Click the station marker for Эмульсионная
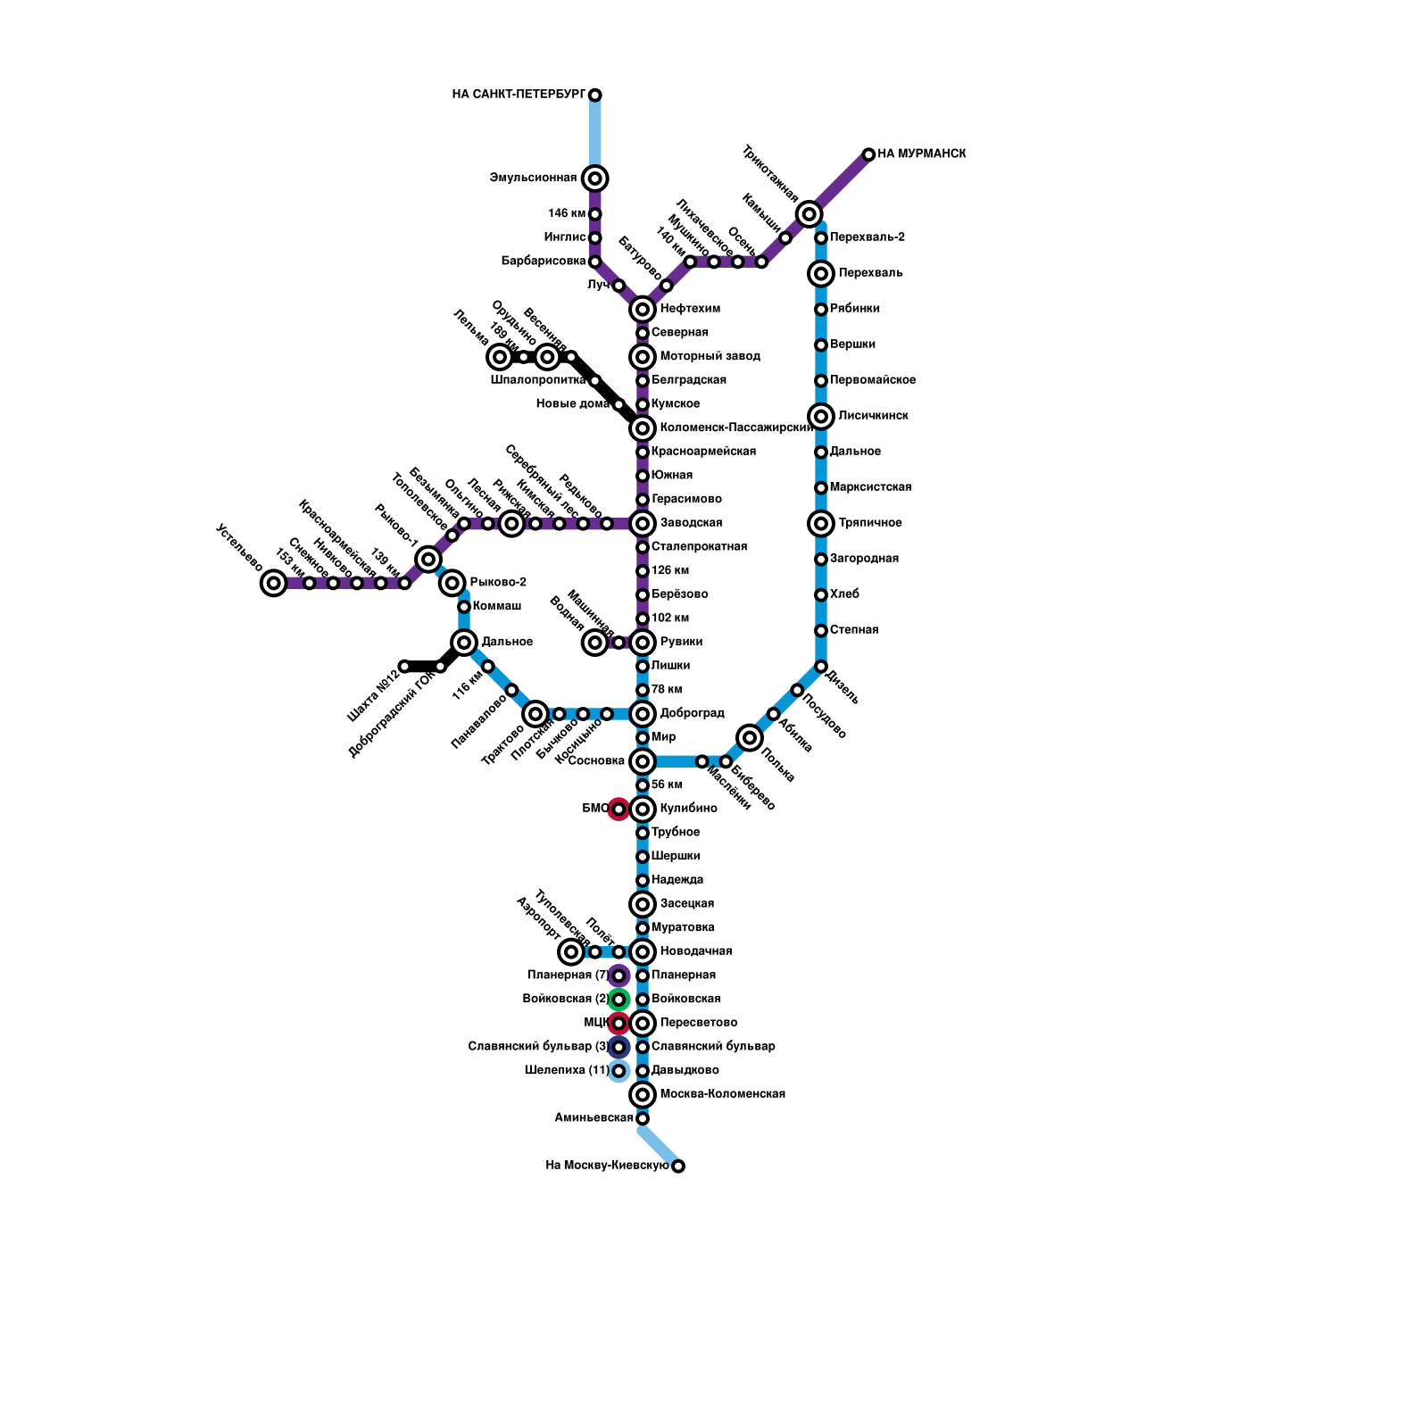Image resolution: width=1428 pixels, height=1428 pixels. pyautogui.click(x=595, y=178)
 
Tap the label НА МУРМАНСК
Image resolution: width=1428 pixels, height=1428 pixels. pyautogui.click(x=921, y=154)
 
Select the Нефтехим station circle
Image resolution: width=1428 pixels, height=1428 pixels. pyautogui.click(x=643, y=310)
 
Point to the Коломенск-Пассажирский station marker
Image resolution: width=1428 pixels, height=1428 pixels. pyautogui.click(x=643, y=428)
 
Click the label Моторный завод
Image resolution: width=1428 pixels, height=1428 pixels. pyautogui.click(x=710, y=356)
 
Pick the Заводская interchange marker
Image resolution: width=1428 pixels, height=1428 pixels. pyautogui.click(x=643, y=523)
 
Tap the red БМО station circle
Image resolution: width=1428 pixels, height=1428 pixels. pyautogui.click(x=619, y=809)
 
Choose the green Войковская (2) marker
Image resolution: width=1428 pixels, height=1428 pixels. pyautogui.click(x=619, y=1000)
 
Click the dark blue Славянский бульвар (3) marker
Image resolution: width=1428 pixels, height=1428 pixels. pyautogui.click(x=619, y=1047)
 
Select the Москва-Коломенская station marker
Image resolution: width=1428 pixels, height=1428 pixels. pyautogui.click(x=643, y=1094)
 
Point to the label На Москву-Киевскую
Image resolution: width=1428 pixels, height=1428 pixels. pyautogui.click(x=607, y=1166)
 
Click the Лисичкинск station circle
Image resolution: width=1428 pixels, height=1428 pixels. pyautogui.click(x=821, y=416)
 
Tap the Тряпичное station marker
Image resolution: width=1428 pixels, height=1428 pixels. pyautogui.click(x=821, y=523)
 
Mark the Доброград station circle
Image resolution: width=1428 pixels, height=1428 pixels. pyautogui.click(x=643, y=714)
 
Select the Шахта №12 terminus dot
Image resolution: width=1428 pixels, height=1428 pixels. pyautogui.click(x=404, y=667)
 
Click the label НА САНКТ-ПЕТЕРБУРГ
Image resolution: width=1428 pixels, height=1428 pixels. pyautogui.click(x=519, y=95)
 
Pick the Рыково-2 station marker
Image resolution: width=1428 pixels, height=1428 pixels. pyautogui.click(x=452, y=583)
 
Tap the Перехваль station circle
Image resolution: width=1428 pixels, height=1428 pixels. pyautogui.click(x=821, y=273)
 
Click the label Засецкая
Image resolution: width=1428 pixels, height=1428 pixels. pyautogui.click(x=686, y=904)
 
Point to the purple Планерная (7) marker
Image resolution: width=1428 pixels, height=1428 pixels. pyautogui.click(x=619, y=976)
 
